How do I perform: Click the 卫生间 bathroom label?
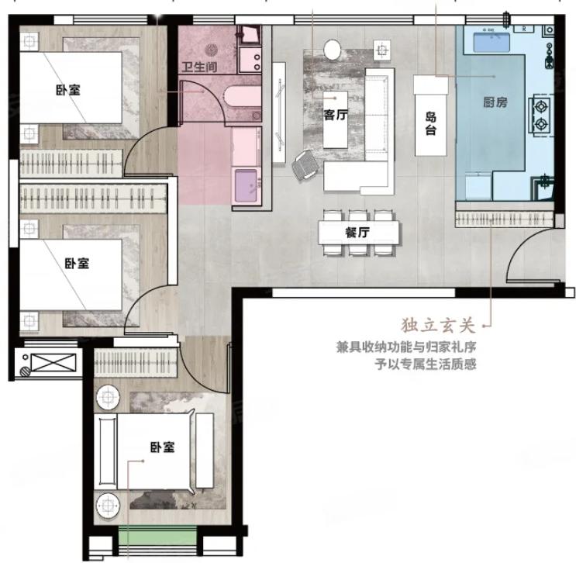click(x=199, y=67)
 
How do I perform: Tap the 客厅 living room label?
click(x=336, y=115)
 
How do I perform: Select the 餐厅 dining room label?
click(x=357, y=233)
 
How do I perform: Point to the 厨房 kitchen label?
click(x=495, y=102)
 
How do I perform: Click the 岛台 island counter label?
click(x=430, y=124)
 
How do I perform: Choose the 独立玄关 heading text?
click(x=438, y=326)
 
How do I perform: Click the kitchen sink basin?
click(x=491, y=43)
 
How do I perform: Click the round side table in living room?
click(x=333, y=50)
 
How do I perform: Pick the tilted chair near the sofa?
click(x=304, y=166)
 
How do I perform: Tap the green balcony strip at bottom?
click(x=157, y=536)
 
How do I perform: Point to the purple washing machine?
click(x=247, y=185)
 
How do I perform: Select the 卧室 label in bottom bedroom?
click(x=162, y=447)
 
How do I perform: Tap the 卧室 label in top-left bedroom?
click(x=68, y=90)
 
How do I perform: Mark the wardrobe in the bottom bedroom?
click(x=136, y=363)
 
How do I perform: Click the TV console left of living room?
click(x=279, y=112)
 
